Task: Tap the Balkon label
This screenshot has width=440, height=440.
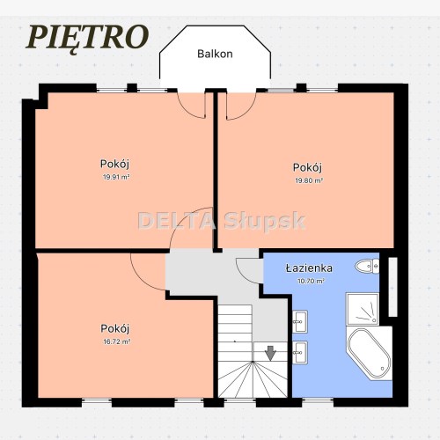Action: (x=215, y=54)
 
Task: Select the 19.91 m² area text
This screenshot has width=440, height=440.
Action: (x=116, y=176)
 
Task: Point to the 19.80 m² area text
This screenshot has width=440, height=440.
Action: (x=308, y=180)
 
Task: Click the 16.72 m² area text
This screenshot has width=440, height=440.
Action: (x=116, y=341)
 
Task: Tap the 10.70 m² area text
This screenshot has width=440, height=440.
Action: (x=311, y=282)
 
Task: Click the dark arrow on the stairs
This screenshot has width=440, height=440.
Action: (x=270, y=352)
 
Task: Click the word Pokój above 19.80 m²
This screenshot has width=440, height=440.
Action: (x=308, y=167)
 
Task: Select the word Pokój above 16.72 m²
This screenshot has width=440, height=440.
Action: (x=116, y=328)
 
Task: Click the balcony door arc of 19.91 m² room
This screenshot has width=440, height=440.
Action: (x=192, y=107)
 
